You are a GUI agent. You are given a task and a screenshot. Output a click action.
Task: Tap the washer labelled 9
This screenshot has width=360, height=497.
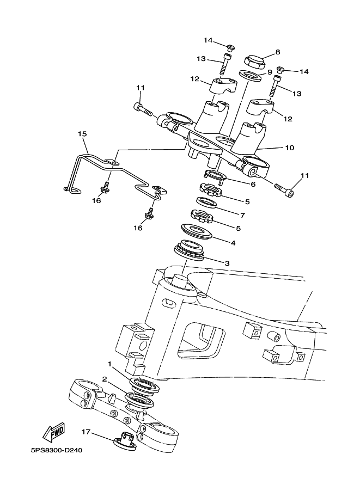point(250,76)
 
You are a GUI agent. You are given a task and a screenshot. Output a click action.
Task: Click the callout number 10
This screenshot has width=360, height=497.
point(290,148)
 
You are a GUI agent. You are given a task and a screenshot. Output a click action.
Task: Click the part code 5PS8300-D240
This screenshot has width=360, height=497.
point(57,450)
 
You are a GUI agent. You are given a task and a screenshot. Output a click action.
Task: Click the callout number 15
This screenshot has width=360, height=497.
point(82,134)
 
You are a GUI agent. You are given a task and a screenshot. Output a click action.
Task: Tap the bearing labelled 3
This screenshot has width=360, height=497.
point(190,249)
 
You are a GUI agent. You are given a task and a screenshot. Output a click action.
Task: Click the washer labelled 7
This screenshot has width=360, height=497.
point(206,203)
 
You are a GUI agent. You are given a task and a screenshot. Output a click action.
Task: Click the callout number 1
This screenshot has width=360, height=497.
point(110,364)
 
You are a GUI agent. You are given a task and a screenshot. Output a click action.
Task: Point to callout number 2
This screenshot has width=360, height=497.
point(105,379)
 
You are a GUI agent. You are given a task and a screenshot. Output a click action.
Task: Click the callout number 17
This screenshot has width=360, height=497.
point(86,431)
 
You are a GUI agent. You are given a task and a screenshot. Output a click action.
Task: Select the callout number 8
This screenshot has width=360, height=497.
point(278,52)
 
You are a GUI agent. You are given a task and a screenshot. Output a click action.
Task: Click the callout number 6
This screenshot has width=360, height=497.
point(253,184)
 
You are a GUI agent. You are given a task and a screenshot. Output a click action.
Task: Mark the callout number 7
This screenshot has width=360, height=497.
point(243,216)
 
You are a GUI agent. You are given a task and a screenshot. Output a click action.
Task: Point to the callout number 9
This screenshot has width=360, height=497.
point(270,72)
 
